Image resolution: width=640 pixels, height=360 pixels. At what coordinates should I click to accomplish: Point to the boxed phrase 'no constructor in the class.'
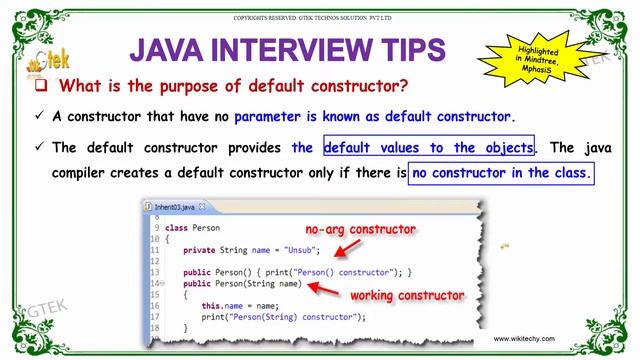pos(500,173)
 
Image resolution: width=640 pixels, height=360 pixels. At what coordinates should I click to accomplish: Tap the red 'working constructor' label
pos(407,296)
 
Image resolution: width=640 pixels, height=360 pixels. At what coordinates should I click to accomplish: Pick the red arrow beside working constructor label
pos(324,290)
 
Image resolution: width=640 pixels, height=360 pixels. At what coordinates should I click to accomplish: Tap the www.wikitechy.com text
pos(546,339)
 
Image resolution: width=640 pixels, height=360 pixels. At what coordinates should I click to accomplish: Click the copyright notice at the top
pos(319,18)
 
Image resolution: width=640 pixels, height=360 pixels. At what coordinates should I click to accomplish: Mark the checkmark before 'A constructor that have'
pos(39,116)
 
